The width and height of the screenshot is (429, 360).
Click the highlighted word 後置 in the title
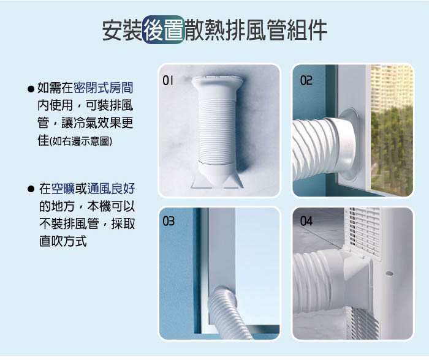tap(164, 30)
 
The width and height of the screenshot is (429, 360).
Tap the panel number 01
tap(168, 80)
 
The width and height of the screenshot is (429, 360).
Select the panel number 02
tap(306, 80)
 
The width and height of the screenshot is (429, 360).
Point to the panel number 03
tap(169, 221)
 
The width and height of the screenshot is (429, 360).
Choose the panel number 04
tap(306, 221)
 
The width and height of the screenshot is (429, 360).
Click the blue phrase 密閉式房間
tap(104, 88)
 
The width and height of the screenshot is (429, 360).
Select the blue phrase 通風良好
tap(111, 189)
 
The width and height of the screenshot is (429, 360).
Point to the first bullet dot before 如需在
tap(31, 89)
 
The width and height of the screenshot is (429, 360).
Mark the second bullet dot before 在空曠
tap(31, 189)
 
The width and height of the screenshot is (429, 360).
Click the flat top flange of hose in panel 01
tap(217, 81)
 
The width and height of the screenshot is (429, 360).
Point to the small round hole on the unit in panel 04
tap(389, 273)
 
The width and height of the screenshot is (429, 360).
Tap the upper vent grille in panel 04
tap(363, 232)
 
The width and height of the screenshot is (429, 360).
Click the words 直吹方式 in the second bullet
tap(63, 241)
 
